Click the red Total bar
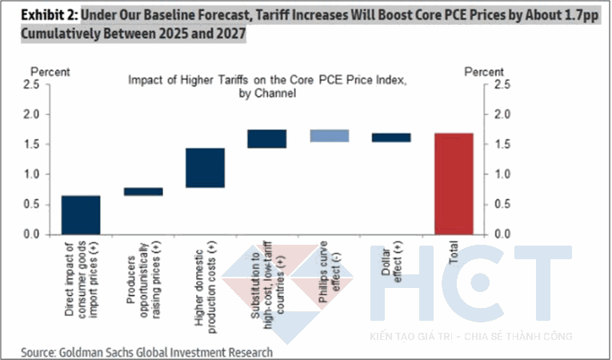click(453, 183)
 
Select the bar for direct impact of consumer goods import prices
click(81, 214)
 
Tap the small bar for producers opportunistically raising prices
click(143, 191)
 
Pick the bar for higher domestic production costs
click(205, 167)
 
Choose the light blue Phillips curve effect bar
click(329, 135)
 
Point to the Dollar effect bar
click(391, 138)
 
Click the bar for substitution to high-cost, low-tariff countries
click(267, 138)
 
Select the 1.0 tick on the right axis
click(501, 174)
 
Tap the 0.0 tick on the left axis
click(33, 234)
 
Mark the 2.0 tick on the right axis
click(501, 114)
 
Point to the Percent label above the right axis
click(486, 72)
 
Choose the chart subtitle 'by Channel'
click(266, 94)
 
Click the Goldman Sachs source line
click(146, 352)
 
